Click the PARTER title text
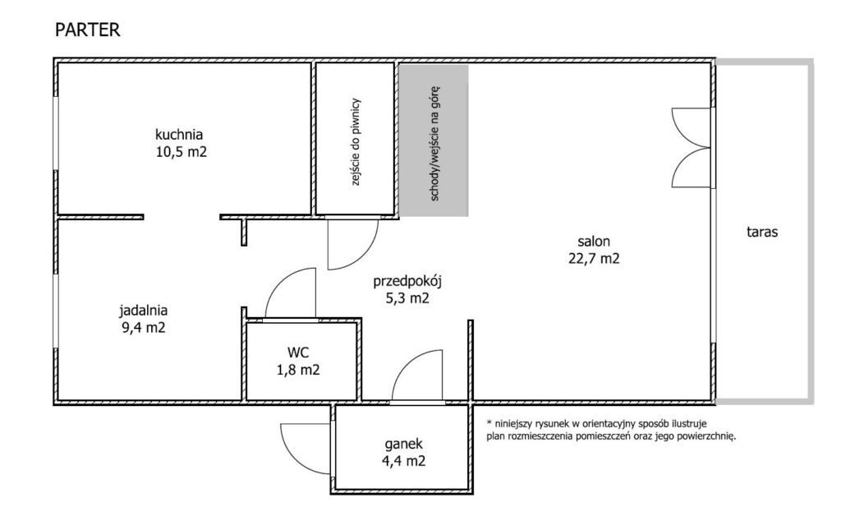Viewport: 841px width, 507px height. (87, 31)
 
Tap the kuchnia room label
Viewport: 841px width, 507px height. (179, 135)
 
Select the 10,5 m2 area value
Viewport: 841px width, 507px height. (179, 151)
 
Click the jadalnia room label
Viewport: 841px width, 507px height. (143, 311)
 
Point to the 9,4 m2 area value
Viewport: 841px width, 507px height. (143, 327)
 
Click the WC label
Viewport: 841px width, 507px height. (298, 353)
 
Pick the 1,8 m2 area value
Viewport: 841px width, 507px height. (298, 370)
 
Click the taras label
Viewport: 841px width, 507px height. (763, 233)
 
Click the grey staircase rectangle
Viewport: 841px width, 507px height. (433, 140)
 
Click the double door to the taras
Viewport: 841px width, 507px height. (690, 149)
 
